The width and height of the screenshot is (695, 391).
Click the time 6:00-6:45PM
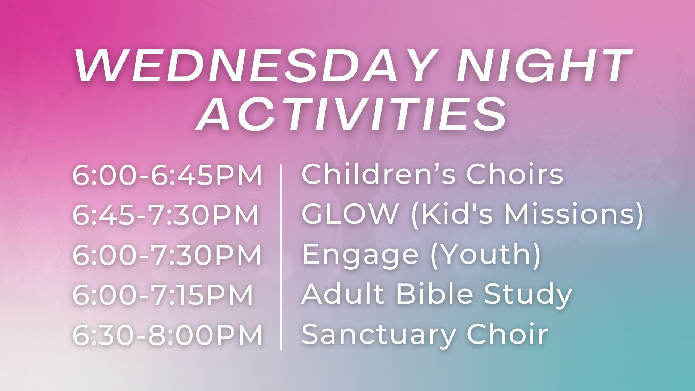click(x=167, y=175)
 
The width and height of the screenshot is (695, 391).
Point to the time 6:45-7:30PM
click(x=166, y=215)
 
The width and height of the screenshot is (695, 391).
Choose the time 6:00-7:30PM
click(x=167, y=255)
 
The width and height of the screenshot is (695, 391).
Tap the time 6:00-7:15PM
click(x=163, y=295)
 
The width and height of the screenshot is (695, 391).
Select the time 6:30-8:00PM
click(x=168, y=335)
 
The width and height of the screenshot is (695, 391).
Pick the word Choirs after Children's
click(x=514, y=174)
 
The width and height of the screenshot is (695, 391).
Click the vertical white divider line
click(x=281, y=257)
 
